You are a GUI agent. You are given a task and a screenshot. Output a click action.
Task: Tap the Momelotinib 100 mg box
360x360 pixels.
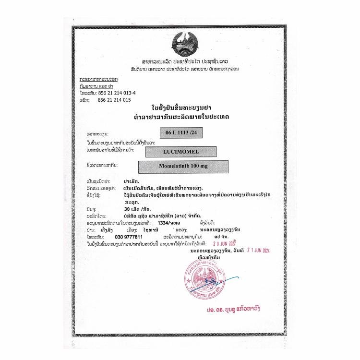182,167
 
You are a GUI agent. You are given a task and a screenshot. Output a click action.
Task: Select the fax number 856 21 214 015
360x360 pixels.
114,100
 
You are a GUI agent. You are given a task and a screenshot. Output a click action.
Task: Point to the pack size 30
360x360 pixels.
126,210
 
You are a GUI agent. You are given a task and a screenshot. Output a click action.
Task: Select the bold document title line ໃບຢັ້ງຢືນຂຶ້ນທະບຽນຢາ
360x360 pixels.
180,108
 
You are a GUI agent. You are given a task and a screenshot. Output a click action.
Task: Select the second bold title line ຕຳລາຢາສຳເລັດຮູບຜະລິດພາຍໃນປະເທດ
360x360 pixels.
180,117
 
